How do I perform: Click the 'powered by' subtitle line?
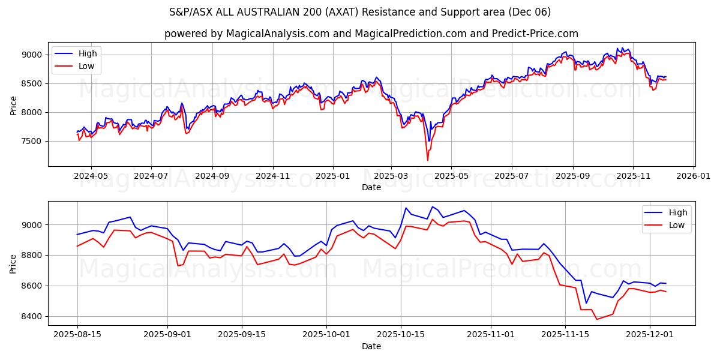point(371,34)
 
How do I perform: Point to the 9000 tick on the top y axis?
point(32,55)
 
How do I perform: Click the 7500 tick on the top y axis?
point(32,141)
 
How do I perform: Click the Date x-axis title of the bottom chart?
point(371,347)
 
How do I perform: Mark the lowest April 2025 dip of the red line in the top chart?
point(428,160)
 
